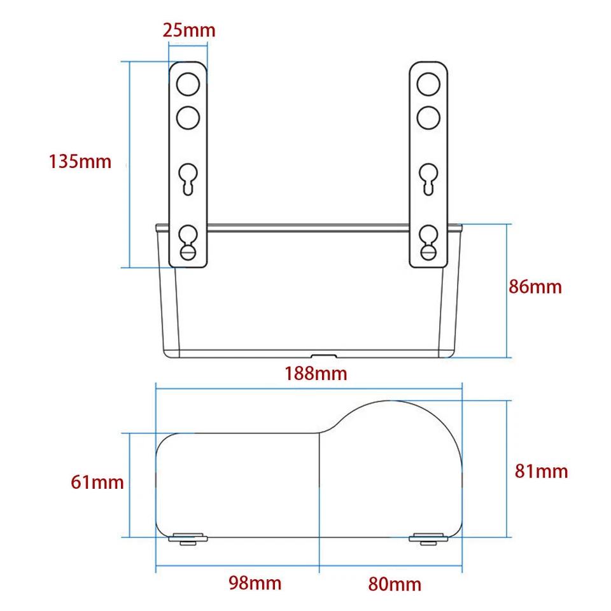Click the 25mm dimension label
189,30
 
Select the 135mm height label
80,162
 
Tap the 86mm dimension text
535,287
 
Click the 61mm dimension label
97,482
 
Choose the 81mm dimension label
541,472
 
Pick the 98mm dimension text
255,582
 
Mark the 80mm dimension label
395,584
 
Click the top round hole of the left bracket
188,84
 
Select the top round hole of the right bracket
428,84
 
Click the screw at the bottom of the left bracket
188,253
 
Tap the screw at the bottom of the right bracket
428,253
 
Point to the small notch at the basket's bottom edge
323,356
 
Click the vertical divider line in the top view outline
318,484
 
